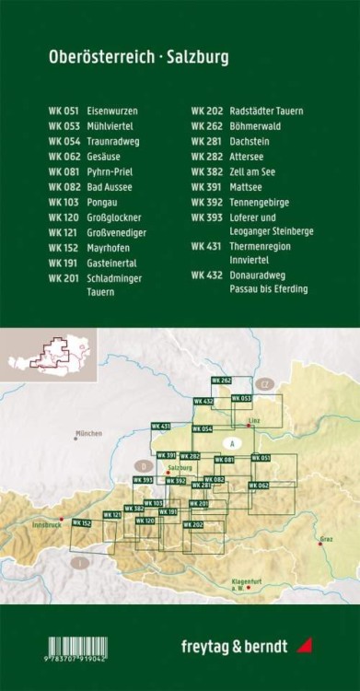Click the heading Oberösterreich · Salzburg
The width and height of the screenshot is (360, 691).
tap(139, 58)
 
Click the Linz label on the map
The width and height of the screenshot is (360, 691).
tap(254, 418)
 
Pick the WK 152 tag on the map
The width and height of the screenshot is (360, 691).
tap(81, 522)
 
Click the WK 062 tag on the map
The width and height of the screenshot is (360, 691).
tap(260, 485)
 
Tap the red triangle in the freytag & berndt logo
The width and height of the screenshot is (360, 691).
tap(306, 645)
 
